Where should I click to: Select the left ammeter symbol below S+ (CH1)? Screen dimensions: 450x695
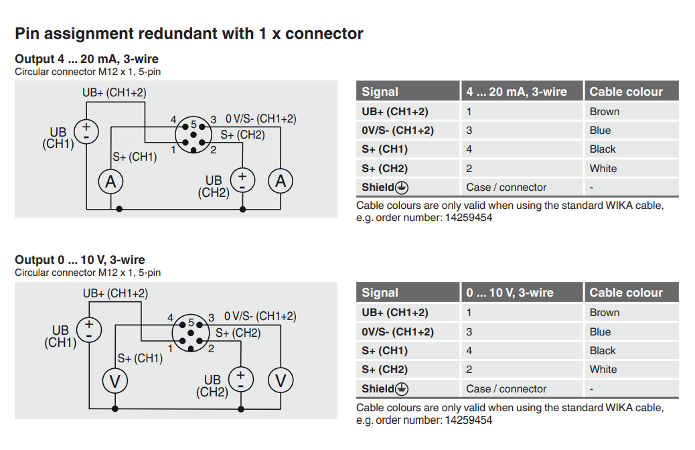point(111,181)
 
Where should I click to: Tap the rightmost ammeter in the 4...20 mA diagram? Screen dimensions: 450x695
point(281,181)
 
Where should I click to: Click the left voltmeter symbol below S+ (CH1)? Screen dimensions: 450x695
point(115,381)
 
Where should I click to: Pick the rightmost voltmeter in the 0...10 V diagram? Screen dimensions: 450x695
point(281,381)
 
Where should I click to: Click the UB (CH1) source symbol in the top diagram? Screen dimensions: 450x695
point(86,131)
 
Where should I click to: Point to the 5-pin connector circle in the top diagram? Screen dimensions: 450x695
point(194,135)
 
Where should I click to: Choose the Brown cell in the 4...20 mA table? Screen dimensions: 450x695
point(605,112)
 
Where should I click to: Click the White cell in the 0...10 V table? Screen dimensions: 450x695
point(603,370)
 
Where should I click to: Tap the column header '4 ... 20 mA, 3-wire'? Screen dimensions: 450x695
point(516,92)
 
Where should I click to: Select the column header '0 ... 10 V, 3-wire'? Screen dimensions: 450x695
point(510,293)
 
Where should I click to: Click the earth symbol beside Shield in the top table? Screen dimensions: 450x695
point(402,187)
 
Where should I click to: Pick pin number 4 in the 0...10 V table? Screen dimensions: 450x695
point(469,350)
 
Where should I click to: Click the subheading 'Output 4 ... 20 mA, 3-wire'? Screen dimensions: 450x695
point(86,59)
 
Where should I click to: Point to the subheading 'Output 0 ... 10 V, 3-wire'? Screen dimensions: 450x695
point(80,260)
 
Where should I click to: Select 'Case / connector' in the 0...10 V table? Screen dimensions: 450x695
point(506,388)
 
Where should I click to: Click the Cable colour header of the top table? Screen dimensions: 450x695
point(626,92)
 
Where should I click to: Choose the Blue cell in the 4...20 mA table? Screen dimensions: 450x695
point(600,131)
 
